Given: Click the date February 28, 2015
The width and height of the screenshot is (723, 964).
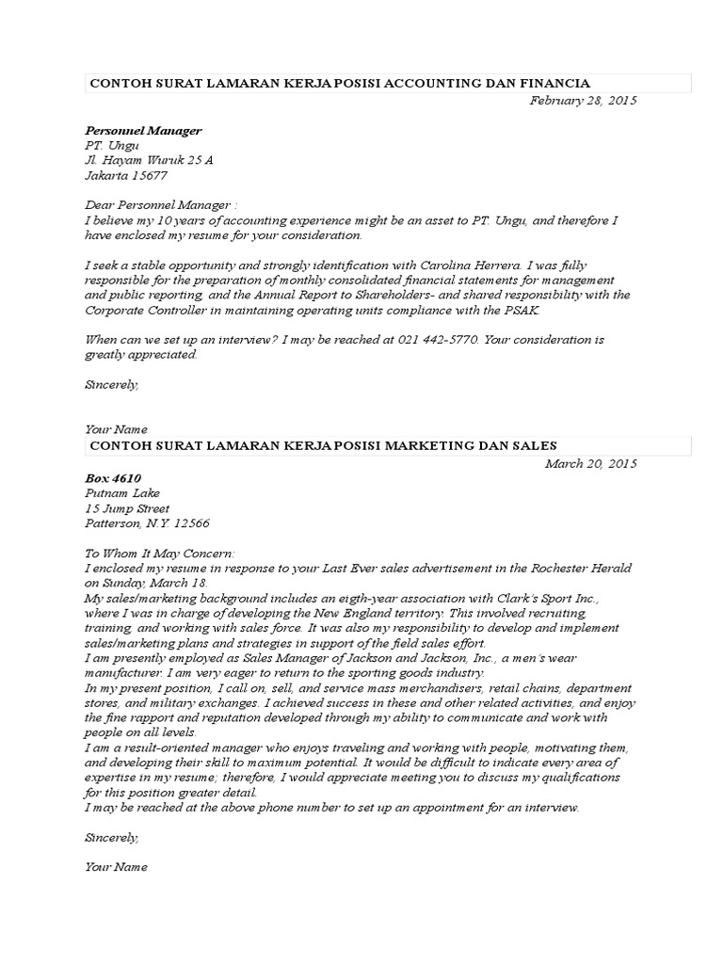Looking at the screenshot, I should [x=583, y=100].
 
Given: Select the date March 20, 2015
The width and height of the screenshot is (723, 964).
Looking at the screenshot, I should [x=591, y=463].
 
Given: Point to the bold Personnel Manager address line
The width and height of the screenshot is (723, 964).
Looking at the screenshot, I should [x=143, y=130].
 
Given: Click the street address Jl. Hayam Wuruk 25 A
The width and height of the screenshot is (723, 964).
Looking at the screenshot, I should [x=149, y=160].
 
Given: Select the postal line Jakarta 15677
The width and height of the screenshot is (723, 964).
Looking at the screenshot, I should [x=126, y=175].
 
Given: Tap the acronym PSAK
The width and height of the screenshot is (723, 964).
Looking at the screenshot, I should [x=522, y=310].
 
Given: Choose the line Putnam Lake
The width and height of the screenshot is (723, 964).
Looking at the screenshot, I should [x=122, y=493].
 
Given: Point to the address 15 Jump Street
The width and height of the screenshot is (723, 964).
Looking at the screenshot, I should [x=127, y=508].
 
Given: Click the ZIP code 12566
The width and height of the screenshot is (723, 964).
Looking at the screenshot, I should [x=192, y=523].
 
